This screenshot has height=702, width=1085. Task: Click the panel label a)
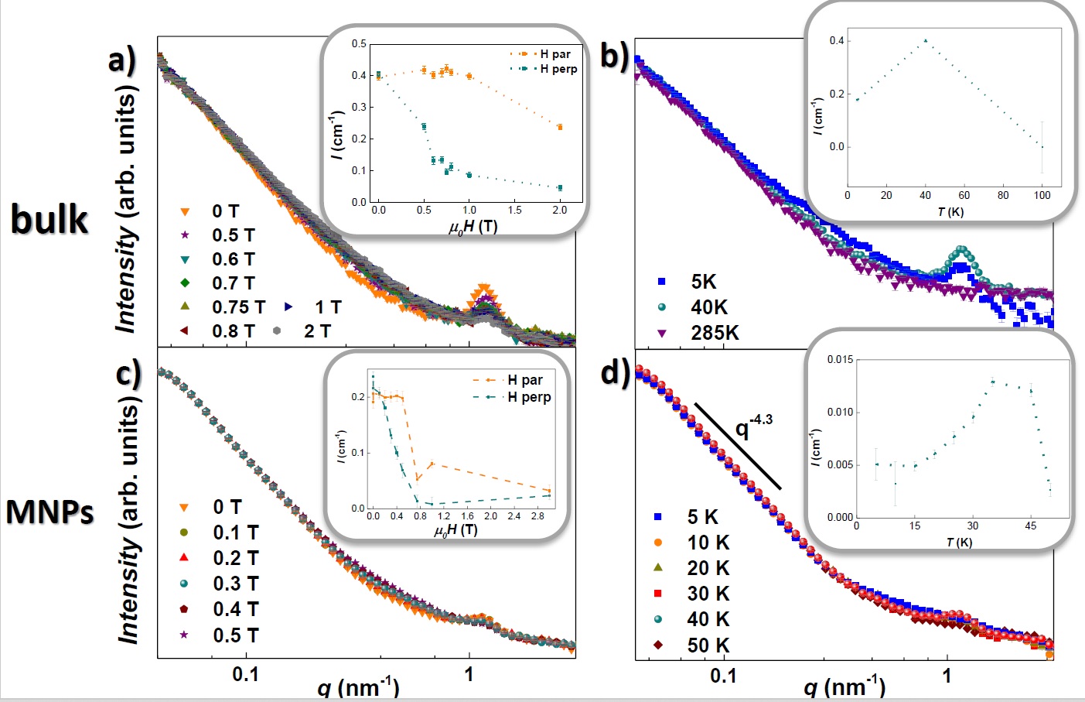point(122,59)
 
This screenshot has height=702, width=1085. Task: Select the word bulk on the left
point(49,220)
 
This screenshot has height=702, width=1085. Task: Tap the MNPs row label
point(49,512)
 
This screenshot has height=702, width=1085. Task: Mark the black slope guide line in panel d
point(738,446)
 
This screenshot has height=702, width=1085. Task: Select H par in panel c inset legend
point(525,380)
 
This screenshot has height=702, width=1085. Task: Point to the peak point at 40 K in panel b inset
point(926,40)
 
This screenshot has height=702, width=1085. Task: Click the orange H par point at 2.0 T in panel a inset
point(560,127)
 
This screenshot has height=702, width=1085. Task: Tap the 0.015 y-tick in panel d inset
point(840,359)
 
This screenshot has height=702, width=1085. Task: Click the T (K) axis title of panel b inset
point(950,212)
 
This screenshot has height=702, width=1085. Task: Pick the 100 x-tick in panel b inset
point(1042,195)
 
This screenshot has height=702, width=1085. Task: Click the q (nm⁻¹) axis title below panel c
point(358,687)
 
